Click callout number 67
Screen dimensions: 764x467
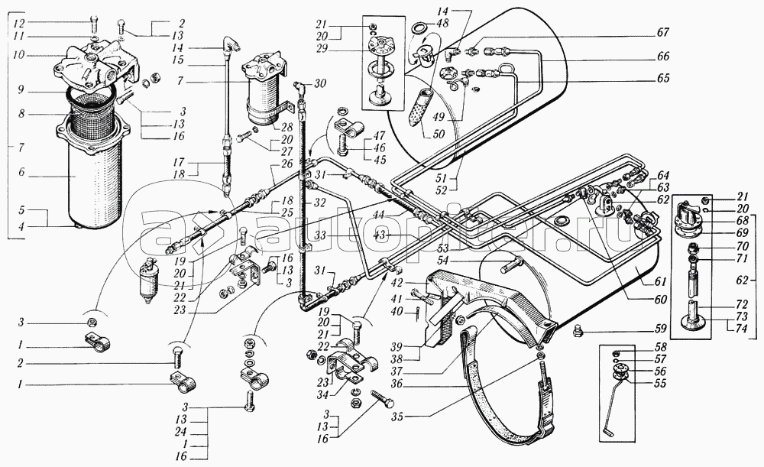click(x=662, y=33)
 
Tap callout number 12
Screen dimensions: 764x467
click(x=19, y=24)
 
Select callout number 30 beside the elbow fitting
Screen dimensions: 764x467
click(x=319, y=83)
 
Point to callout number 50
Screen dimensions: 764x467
click(x=439, y=134)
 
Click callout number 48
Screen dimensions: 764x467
click(x=442, y=24)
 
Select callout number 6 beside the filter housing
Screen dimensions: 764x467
click(x=21, y=173)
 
